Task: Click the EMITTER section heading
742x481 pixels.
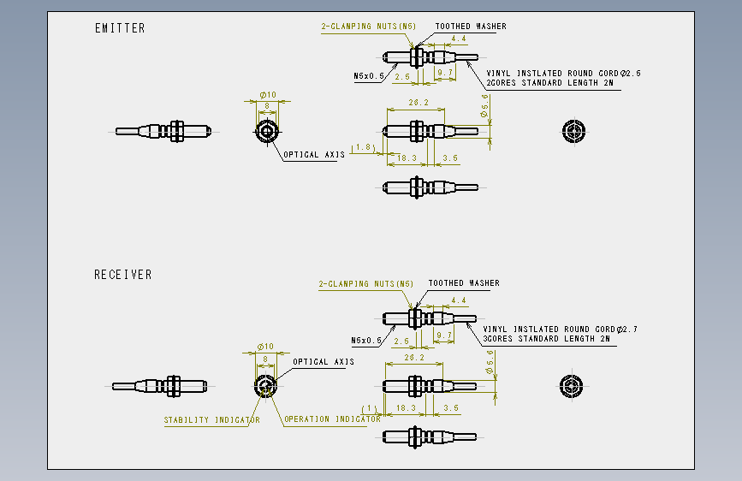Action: (x=120, y=28)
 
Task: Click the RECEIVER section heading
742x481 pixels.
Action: (x=123, y=275)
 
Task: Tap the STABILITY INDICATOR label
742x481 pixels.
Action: (x=211, y=420)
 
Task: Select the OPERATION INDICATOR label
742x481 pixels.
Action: (x=332, y=419)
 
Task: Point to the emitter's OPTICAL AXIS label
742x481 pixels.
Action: (x=314, y=155)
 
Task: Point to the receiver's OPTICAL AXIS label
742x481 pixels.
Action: (x=324, y=362)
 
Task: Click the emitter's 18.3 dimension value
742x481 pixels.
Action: (x=407, y=158)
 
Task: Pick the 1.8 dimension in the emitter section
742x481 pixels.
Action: (x=364, y=147)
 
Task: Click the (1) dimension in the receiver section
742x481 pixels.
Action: (x=369, y=408)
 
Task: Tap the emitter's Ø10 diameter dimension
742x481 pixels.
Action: (x=268, y=95)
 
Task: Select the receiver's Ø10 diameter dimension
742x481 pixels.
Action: (x=265, y=347)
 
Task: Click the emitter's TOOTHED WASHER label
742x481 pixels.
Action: (x=471, y=27)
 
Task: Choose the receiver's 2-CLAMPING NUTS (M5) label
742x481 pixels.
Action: (x=365, y=283)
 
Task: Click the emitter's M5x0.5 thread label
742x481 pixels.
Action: (x=369, y=76)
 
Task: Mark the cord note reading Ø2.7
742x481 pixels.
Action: (x=560, y=329)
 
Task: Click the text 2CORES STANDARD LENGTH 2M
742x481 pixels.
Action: (x=550, y=83)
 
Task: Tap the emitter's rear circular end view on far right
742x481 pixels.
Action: (x=574, y=131)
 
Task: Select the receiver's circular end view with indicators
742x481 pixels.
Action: (x=265, y=386)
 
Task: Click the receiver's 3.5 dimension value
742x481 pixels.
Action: (x=451, y=407)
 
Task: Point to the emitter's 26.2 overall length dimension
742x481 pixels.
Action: (x=418, y=102)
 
